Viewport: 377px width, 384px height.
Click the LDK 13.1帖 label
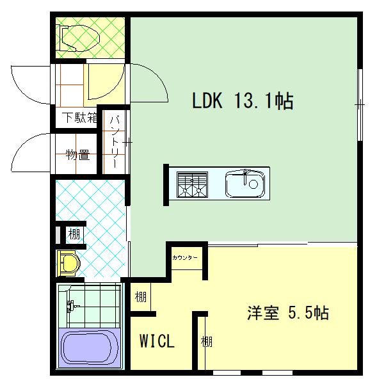pyautogui.click(x=243, y=101)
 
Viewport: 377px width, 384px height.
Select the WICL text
pyautogui.click(x=157, y=341)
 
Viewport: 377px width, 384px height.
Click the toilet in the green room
pyautogui.click(x=79, y=36)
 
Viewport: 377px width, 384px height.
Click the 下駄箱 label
pyautogui.click(x=79, y=118)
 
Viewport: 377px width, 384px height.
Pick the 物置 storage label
pyautogui.click(x=77, y=154)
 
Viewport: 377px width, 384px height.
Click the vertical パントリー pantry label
pyautogui.click(x=116, y=141)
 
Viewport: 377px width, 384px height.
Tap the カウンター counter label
pyautogui.click(x=185, y=257)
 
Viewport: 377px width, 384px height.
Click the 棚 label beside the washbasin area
pyautogui.click(x=74, y=235)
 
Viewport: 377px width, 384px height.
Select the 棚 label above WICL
pyautogui.click(x=141, y=297)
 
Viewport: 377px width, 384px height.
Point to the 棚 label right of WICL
pyautogui.click(x=206, y=342)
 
